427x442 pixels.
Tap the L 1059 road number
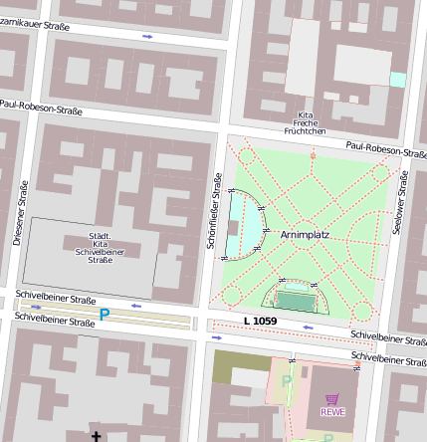click(260, 321)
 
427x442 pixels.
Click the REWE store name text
click(331, 412)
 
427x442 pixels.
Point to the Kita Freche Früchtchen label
click(306, 123)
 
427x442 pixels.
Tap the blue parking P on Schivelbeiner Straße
click(105, 316)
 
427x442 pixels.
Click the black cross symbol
click(97, 436)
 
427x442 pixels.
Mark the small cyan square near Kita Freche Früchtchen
click(398, 80)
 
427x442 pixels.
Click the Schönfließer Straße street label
click(216, 210)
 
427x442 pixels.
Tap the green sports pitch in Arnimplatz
click(295, 299)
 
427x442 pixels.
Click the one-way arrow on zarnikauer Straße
click(147, 37)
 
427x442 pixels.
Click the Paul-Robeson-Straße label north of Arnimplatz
click(386, 149)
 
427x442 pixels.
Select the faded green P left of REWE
click(287, 381)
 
